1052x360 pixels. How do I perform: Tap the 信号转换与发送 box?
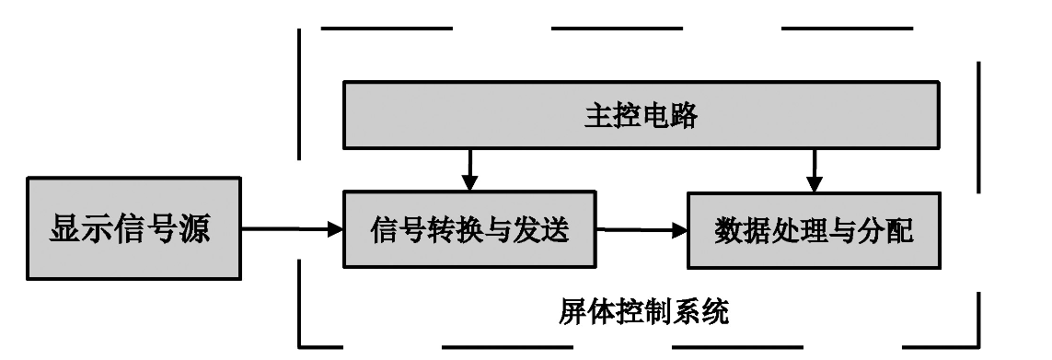click(x=469, y=229)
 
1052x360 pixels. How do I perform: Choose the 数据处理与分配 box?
click(x=814, y=229)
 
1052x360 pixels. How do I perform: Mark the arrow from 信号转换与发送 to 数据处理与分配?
click(x=642, y=230)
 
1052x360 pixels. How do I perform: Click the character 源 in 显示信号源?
click(x=194, y=230)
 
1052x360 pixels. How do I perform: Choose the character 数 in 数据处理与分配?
click(x=728, y=230)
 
